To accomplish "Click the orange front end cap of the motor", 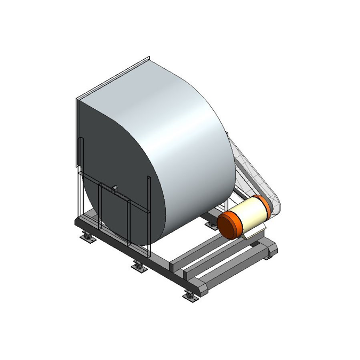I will point(229,223).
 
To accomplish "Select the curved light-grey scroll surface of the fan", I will point(176,139).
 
